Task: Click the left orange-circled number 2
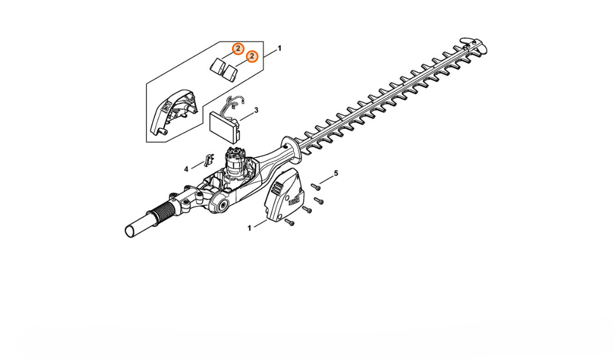[238, 49]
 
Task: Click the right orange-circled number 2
[252, 57]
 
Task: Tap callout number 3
[256, 110]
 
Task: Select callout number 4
[186, 169]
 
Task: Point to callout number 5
[336, 173]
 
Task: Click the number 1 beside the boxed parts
[279, 48]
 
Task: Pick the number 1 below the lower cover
[249, 228]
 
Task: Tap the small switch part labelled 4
[208, 160]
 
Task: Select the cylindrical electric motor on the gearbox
[235, 165]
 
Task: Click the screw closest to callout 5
[316, 187]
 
